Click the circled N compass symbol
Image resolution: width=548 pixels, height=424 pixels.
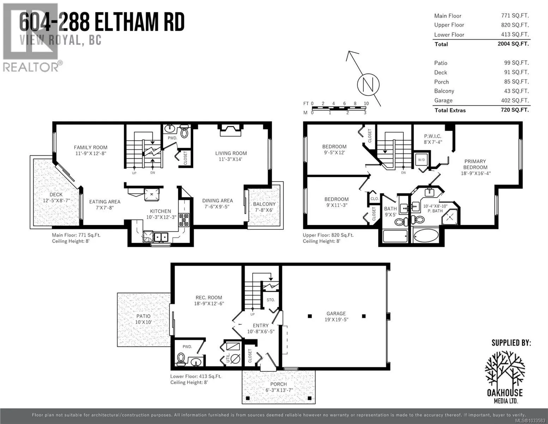[x=368, y=84]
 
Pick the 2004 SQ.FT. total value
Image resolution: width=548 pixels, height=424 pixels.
[x=513, y=44]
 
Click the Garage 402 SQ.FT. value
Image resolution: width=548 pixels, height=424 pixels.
[x=515, y=100]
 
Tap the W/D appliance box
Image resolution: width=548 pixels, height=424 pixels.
[x=421, y=160]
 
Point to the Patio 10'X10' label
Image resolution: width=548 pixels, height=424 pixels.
[x=143, y=319]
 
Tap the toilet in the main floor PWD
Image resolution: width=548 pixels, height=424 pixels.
[x=184, y=131]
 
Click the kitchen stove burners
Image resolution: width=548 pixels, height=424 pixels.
[x=183, y=220]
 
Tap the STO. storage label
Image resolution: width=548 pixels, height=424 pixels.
[x=271, y=300]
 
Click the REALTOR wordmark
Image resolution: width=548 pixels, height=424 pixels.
[x=31, y=67]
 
